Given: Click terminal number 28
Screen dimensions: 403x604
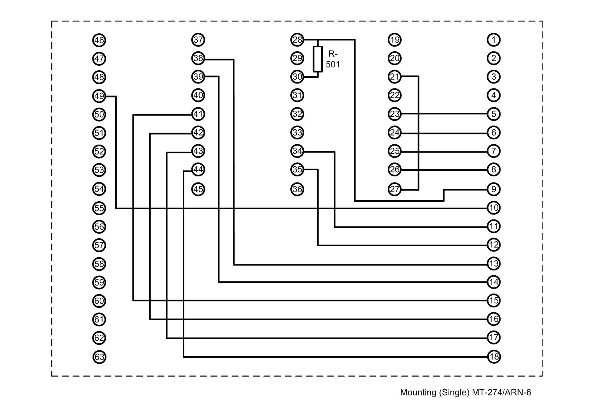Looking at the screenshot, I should click(297, 40).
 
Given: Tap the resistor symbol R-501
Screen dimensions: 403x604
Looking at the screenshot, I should click(318, 59).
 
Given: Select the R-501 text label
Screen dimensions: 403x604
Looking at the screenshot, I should click(333, 59).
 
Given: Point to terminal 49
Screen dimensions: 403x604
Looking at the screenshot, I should click(99, 96).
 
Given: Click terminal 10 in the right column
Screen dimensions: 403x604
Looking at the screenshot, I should click(494, 208).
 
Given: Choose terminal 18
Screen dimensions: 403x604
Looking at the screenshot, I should click(494, 357).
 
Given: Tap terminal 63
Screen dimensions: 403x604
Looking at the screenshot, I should click(99, 357).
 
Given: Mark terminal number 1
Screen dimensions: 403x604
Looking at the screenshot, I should click(494, 40).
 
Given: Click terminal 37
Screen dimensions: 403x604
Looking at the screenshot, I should click(198, 40).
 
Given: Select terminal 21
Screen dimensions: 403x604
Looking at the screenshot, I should click(394, 77).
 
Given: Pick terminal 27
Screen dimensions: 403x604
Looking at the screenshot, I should click(394, 189).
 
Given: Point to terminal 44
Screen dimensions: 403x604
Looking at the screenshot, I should click(198, 170).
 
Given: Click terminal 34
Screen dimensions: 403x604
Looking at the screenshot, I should click(297, 151).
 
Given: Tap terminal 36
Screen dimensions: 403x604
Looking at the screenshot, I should click(297, 189).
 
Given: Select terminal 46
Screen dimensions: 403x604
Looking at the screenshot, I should click(99, 40).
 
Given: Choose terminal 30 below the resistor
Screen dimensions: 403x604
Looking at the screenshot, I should click(297, 77).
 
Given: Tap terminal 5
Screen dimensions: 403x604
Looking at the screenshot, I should click(494, 114).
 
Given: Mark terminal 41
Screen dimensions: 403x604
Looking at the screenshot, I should click(198, 114).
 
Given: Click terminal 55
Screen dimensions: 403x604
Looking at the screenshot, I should click(99, 208).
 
